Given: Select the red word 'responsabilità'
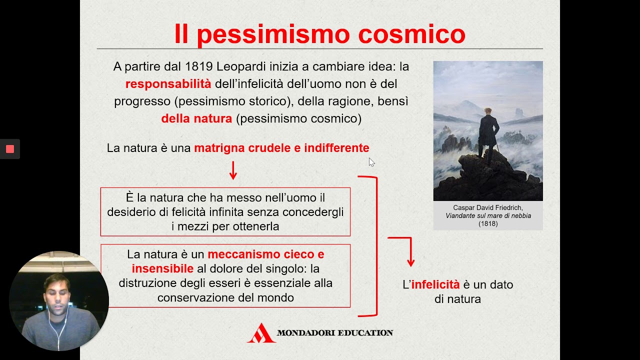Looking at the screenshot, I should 168,83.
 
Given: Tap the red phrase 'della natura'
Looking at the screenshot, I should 196,118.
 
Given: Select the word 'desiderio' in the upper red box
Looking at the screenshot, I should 131,212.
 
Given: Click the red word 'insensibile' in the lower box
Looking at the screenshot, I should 162,269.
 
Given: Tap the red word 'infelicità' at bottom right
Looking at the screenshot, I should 435,284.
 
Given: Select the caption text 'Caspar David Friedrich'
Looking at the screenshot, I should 487,207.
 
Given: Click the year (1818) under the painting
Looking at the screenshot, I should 488,223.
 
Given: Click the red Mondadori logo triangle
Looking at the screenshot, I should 261,333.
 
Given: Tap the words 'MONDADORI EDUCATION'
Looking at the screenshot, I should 334,332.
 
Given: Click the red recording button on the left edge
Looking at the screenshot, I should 9,149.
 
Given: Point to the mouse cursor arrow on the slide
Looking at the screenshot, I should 371,161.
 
